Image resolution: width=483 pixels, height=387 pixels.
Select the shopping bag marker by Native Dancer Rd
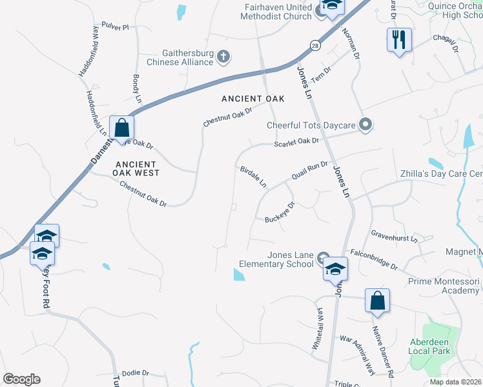pos(377,301)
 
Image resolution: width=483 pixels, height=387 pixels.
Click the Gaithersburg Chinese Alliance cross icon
pos(223,57)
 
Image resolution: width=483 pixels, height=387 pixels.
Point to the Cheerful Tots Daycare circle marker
pos(365,125)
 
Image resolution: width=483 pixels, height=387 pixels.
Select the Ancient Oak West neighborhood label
pos(136,168)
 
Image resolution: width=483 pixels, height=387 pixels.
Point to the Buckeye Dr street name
pos(280,212)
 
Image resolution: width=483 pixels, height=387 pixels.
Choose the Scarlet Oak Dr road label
pos(296,141)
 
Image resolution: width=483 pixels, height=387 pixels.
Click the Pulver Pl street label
pos(115,27)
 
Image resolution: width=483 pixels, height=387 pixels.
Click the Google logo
pos(21,379)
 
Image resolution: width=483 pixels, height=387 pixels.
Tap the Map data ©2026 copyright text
pos(455,382)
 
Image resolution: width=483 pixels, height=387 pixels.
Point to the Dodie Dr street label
pos(135,373)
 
